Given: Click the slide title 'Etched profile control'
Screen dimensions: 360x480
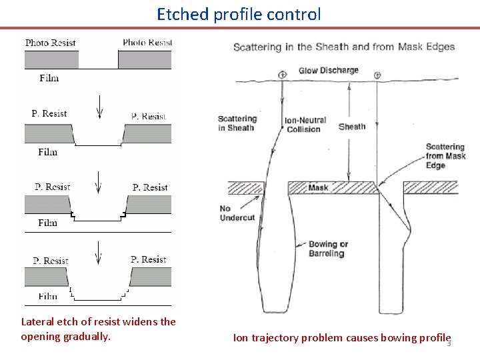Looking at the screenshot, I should (x=239, y=14).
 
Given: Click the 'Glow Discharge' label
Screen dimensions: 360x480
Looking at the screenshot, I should (x=328, y=70).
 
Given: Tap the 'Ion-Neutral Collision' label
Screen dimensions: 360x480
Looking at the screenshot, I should (x=305, y=125).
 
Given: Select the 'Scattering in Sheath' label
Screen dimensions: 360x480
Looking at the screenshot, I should (x=237, y=123).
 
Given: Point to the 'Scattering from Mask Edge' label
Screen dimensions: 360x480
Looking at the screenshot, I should (x=445, y=156).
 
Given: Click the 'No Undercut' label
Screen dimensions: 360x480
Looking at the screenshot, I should (x=237, y=213).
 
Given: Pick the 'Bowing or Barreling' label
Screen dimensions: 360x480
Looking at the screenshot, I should (x=328, y=249).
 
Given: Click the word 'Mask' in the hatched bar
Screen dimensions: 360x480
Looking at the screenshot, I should (x=318, y=187).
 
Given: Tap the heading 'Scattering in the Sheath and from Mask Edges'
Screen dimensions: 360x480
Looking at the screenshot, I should (x=343, y=47).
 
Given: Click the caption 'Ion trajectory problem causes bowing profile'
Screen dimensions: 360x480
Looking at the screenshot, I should (x=341, y=337).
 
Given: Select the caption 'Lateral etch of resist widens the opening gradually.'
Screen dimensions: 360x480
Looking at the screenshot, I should (x=99, y=329).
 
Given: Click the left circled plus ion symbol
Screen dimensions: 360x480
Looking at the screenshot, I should (x=283, y=75).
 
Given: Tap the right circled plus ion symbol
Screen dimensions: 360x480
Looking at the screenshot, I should (x=377, y=75).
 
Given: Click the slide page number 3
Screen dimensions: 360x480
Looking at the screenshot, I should (x=449, y=343).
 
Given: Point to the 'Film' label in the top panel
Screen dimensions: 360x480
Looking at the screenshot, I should (x=49, y=78).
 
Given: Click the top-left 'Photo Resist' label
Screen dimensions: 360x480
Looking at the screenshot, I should (x=50, y=43).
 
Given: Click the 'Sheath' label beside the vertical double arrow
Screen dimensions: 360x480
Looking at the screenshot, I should (x=352, y=126).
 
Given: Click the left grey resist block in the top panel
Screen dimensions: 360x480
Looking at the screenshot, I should (x=51, y=60).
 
